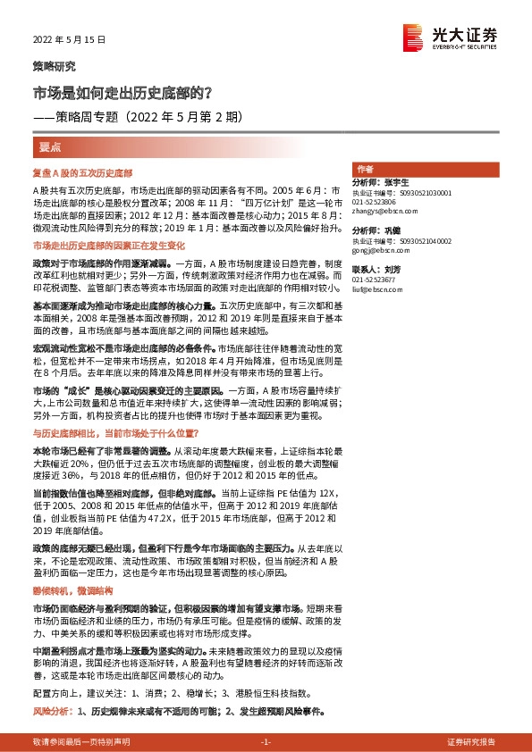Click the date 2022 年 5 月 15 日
pyautogui.click(x=69, y=40)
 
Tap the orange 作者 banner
pyautogui.click(x=365, y=169)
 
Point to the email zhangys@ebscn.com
pyautogui.click(x=378, y=213)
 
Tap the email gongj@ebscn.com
pyautogui.click(x=376, y=262)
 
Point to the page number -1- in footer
pyautogui.click(x=266, y=741)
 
